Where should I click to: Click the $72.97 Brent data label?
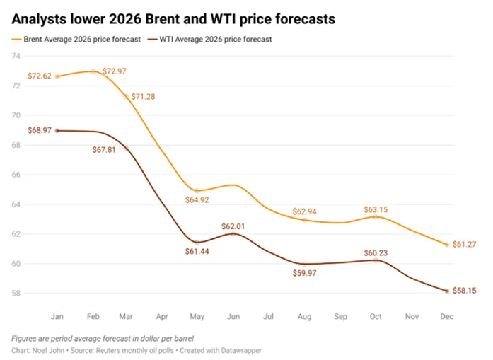pyautogui.click(x=115, y=71)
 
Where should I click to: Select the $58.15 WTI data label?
pyautogui.click(x=465, y=291)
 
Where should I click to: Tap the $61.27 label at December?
pyautogui.click(x=465, y=244)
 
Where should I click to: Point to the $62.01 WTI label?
pyautogui.click(x=233, y=226)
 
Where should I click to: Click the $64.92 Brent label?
pyautogui.click(x=197, y=200)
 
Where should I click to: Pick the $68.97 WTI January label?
pyautogui.click(x=40, y=130)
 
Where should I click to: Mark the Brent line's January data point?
pyautogui.click(x=57, y=76)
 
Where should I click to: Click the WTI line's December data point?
pyautogui.click(x=447, y=291)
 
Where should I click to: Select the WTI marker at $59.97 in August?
pyautogui.click(x=304, y=264)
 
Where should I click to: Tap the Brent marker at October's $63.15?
pyautogui.click(x=376, y=217)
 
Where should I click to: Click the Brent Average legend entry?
pyautogui.click(x=76, y=40)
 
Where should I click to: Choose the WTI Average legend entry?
pyautogui.click(x=209, y=40)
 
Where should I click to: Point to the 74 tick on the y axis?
pyautogui.click(x=16, y=57)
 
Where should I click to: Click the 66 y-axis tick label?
pyautogui.click(x=16, y=175)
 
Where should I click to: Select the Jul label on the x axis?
pyautogui.click(x=268, y=316)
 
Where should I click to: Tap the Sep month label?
pyautogui.click(x=340, y=316)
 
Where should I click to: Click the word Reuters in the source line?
pyautogui.click(x=108, y=350)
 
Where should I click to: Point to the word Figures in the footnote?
pyautogui.click(x=24, y=339)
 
